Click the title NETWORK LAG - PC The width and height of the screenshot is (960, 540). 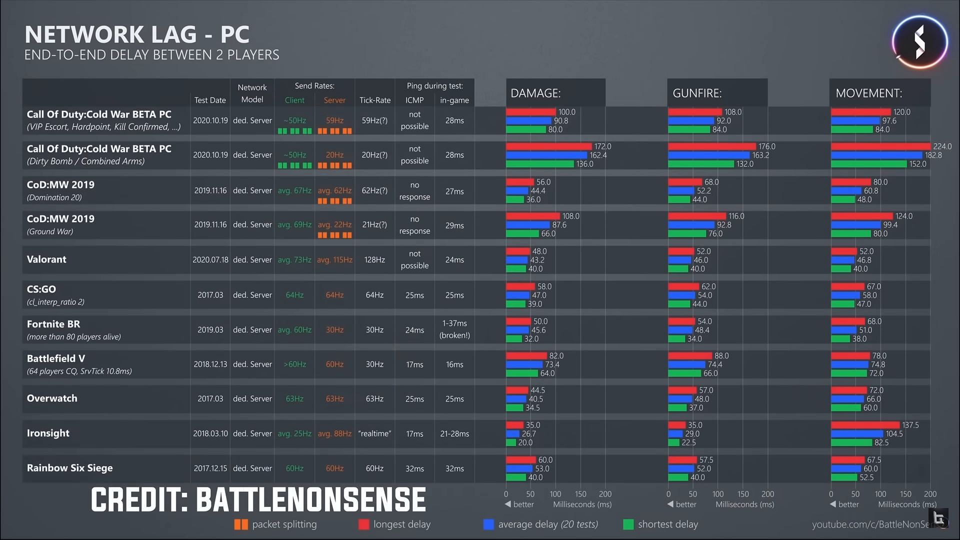pos(136,35)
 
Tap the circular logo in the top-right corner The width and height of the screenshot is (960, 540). pos(919,42)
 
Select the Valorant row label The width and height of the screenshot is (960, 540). pos(46,259)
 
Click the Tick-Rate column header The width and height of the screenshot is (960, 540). pos(374,100)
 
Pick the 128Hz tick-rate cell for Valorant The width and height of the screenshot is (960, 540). pos(374,260)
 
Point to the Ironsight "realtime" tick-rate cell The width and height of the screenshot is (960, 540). pos(374,433)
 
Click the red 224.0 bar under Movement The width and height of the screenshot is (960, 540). pos(880,146)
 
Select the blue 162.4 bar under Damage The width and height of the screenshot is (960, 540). pos(546,155)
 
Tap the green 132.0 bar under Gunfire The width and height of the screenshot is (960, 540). pos(701,164)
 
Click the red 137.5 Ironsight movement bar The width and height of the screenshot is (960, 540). pos(865,425)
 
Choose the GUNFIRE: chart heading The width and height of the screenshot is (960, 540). pos(696,93)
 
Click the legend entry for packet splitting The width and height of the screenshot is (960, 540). pos(275,524)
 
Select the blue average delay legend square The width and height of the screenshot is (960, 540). pos(488,524)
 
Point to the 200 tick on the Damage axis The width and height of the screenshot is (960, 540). pos(605,494)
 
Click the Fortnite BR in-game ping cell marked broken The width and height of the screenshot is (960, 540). pos(454,329)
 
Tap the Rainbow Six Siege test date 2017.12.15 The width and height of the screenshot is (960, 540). pos(210,468)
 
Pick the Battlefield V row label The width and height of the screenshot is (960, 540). pos(56,358)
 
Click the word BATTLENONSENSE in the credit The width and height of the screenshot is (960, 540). pos(310,500)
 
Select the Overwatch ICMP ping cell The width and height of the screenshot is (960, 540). pos(414,399)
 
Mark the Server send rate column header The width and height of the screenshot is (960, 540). pos(334,100)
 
